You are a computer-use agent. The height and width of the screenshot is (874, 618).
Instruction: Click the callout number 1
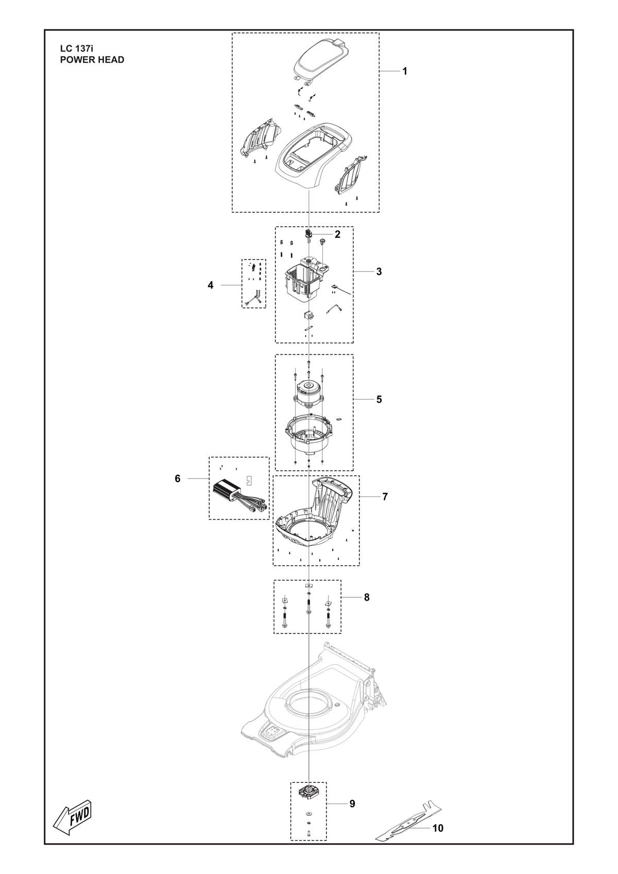(x=405, y=72)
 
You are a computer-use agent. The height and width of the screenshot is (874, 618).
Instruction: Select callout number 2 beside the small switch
(x=337, y=234)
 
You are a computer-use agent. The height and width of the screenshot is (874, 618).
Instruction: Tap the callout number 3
(x=379, y=271)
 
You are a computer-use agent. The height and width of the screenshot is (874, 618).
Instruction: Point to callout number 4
(x=211, y=285)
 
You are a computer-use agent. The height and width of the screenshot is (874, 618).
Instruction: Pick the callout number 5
(x=379, y=400)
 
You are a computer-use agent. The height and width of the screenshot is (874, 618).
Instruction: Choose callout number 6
(x=178, y=478)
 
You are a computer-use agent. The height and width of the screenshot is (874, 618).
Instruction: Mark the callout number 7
(x=385, y=496)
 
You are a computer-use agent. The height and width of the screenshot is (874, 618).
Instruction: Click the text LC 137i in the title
(x=77, y=49)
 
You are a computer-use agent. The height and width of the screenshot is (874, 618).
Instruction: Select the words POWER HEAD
(x=92, y=60)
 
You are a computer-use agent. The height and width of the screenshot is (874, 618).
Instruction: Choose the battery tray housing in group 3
(x=308, y=280)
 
